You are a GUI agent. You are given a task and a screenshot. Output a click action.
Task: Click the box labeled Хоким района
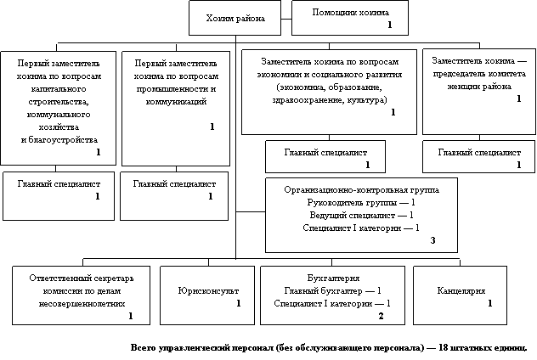(x=235, y=18)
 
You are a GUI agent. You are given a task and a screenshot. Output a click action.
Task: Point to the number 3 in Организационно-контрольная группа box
(x=432, y=241)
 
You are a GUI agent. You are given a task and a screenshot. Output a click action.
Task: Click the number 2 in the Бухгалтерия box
(x=381, y=316)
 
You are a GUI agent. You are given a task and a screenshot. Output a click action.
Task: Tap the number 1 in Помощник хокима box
(x=389, y=26)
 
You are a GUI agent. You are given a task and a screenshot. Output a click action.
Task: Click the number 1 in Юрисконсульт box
(x=239, y=303)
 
